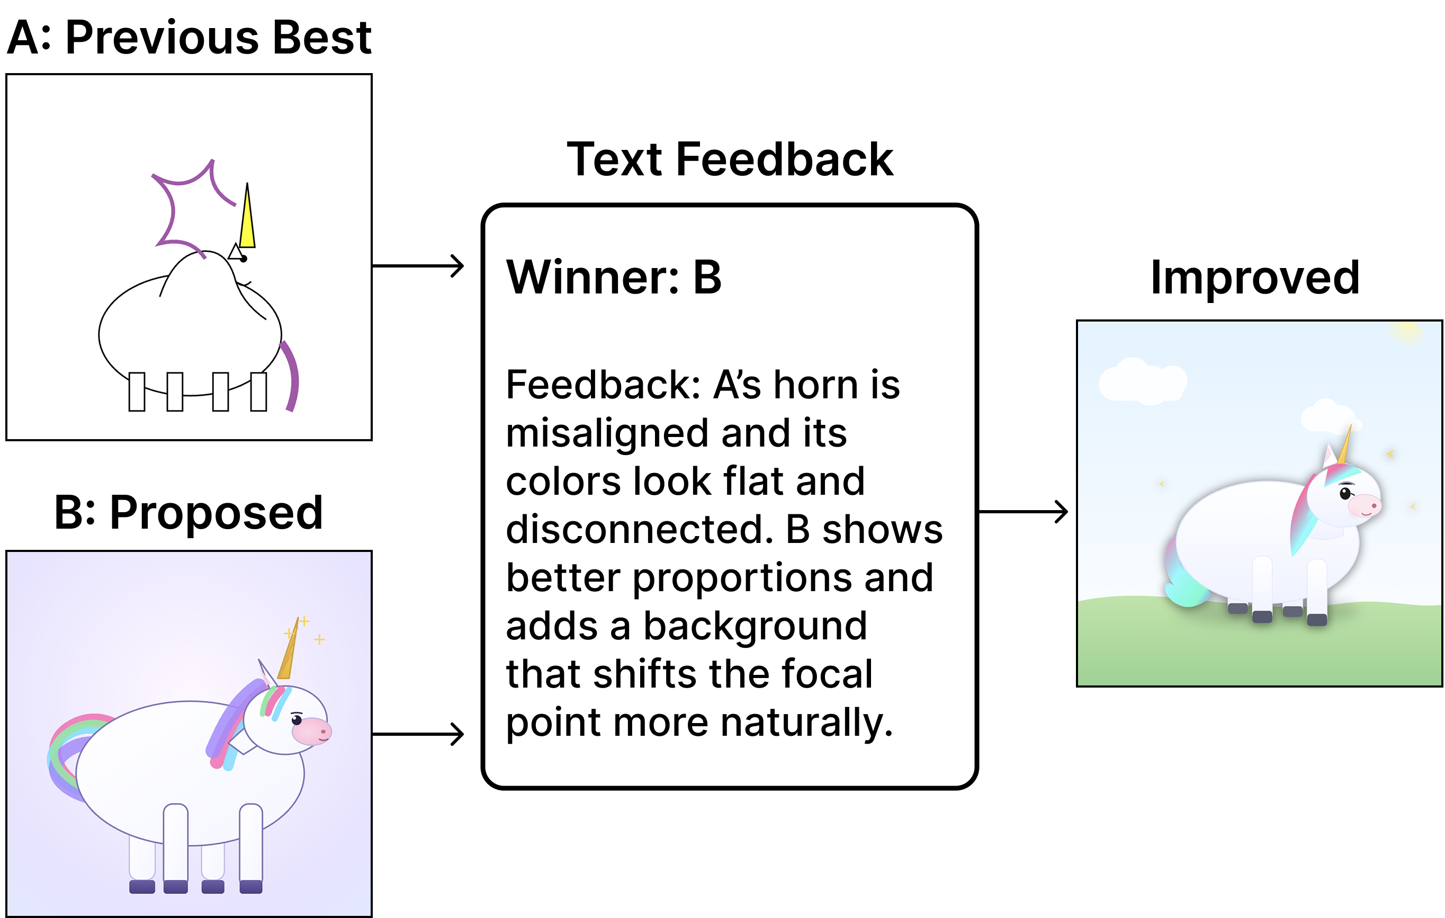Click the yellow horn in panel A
pos(247,219)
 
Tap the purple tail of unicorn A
pos(292,375)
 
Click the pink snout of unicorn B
pos(311,730)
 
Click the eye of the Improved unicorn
pos(1345,493)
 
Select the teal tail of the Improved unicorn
pos(1185,576)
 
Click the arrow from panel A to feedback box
pos(418,265)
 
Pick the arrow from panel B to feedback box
pos(418,734)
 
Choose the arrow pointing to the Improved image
pos(1023,512)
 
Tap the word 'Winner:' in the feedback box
pos(593,278)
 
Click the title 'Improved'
pos(1255,278)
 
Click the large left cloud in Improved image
pos(1142,381)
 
